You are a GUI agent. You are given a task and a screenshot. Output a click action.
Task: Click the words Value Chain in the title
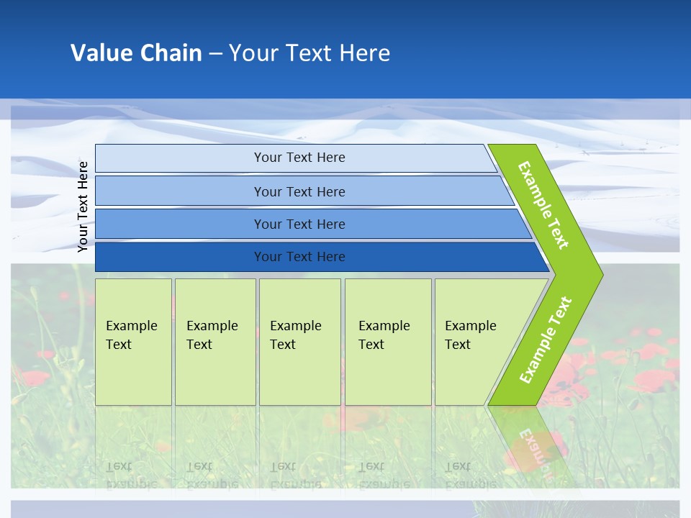(136, 53)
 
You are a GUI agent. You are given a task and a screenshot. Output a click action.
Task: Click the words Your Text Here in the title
(310, 53)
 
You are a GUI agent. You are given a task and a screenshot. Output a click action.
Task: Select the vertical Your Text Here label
(83, 206)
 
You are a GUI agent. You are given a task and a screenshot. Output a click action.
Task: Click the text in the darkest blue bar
(299, 257)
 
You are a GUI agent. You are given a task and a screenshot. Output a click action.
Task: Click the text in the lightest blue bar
(299, 158)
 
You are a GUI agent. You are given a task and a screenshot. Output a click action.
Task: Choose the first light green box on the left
(133, 374)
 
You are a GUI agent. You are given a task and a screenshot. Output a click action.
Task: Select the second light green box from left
(215, 374)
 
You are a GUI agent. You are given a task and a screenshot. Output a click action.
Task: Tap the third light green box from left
(299, 374)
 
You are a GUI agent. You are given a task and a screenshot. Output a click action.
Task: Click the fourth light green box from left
(388, 374)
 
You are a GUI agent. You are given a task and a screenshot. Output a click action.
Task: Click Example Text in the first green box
(131, 335)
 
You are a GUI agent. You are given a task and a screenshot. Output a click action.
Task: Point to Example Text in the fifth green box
(470, 335)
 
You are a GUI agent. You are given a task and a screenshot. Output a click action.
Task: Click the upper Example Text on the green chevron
(543, 205)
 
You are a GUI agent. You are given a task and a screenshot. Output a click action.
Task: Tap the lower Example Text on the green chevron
(546, 340)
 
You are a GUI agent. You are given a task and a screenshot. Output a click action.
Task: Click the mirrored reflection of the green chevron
(529, 446)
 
